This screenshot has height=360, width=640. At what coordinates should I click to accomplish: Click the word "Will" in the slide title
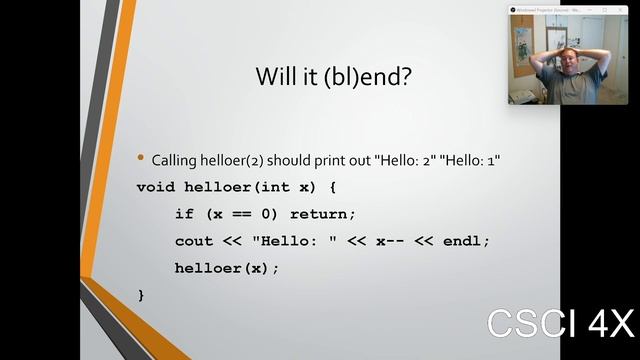(273, 77)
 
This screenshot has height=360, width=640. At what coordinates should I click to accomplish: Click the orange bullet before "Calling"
(141, 158)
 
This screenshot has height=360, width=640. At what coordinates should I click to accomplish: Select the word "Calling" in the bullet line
(174, 160)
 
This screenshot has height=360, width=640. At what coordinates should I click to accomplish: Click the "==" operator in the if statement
(242, 214)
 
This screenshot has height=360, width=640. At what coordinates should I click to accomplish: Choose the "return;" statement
(322, 214)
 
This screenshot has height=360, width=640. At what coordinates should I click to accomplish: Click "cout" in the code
(194, 241)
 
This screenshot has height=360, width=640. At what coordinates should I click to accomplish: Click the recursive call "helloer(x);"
(227, 268)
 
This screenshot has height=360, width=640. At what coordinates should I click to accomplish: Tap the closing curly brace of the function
(141, 295)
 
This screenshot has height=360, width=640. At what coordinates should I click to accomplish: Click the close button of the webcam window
(621, 10)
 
